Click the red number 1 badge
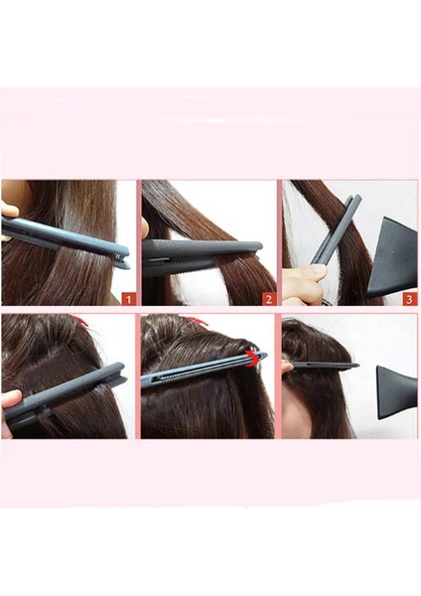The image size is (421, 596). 127,296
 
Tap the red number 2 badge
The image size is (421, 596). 268,296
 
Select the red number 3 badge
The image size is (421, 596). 410,296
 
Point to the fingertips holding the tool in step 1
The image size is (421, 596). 9,210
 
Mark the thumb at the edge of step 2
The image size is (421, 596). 144,228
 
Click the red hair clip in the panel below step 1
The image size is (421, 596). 82,321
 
